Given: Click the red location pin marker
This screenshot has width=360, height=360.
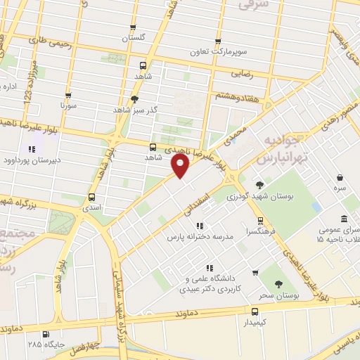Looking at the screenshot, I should (x=181, y=166).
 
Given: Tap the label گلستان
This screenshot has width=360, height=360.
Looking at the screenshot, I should (x=136, y=37).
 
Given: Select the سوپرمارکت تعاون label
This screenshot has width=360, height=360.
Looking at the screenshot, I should (x=217, y=52).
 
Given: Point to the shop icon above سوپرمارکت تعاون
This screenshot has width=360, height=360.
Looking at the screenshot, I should (x=218, y=41).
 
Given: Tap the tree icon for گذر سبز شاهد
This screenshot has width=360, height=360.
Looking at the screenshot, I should (x=134, y=99).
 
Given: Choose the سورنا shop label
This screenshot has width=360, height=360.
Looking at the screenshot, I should (x=67, y=106).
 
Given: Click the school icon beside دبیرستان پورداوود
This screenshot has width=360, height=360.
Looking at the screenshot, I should (x=31, y=149).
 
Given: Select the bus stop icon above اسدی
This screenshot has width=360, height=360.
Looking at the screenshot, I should (x=92, y=197).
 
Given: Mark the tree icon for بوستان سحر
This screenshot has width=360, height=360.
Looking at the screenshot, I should (x=279, y=284).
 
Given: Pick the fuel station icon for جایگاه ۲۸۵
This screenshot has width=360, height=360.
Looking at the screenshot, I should (x=46, y=334).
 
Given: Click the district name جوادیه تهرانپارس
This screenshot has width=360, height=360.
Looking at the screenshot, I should (x=281, y=150).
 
